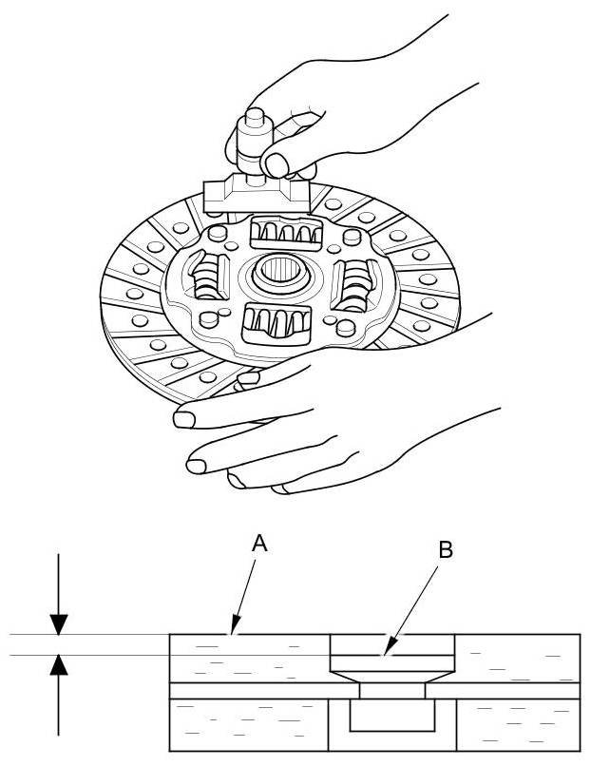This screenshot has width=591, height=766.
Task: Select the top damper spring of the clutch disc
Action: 282,232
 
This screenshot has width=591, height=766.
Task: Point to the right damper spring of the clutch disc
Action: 355,282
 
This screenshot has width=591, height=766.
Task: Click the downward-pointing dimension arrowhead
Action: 59,623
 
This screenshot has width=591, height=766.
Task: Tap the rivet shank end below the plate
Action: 391,715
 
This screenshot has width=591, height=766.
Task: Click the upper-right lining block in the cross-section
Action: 518,658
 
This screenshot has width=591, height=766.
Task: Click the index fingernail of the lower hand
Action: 183,417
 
